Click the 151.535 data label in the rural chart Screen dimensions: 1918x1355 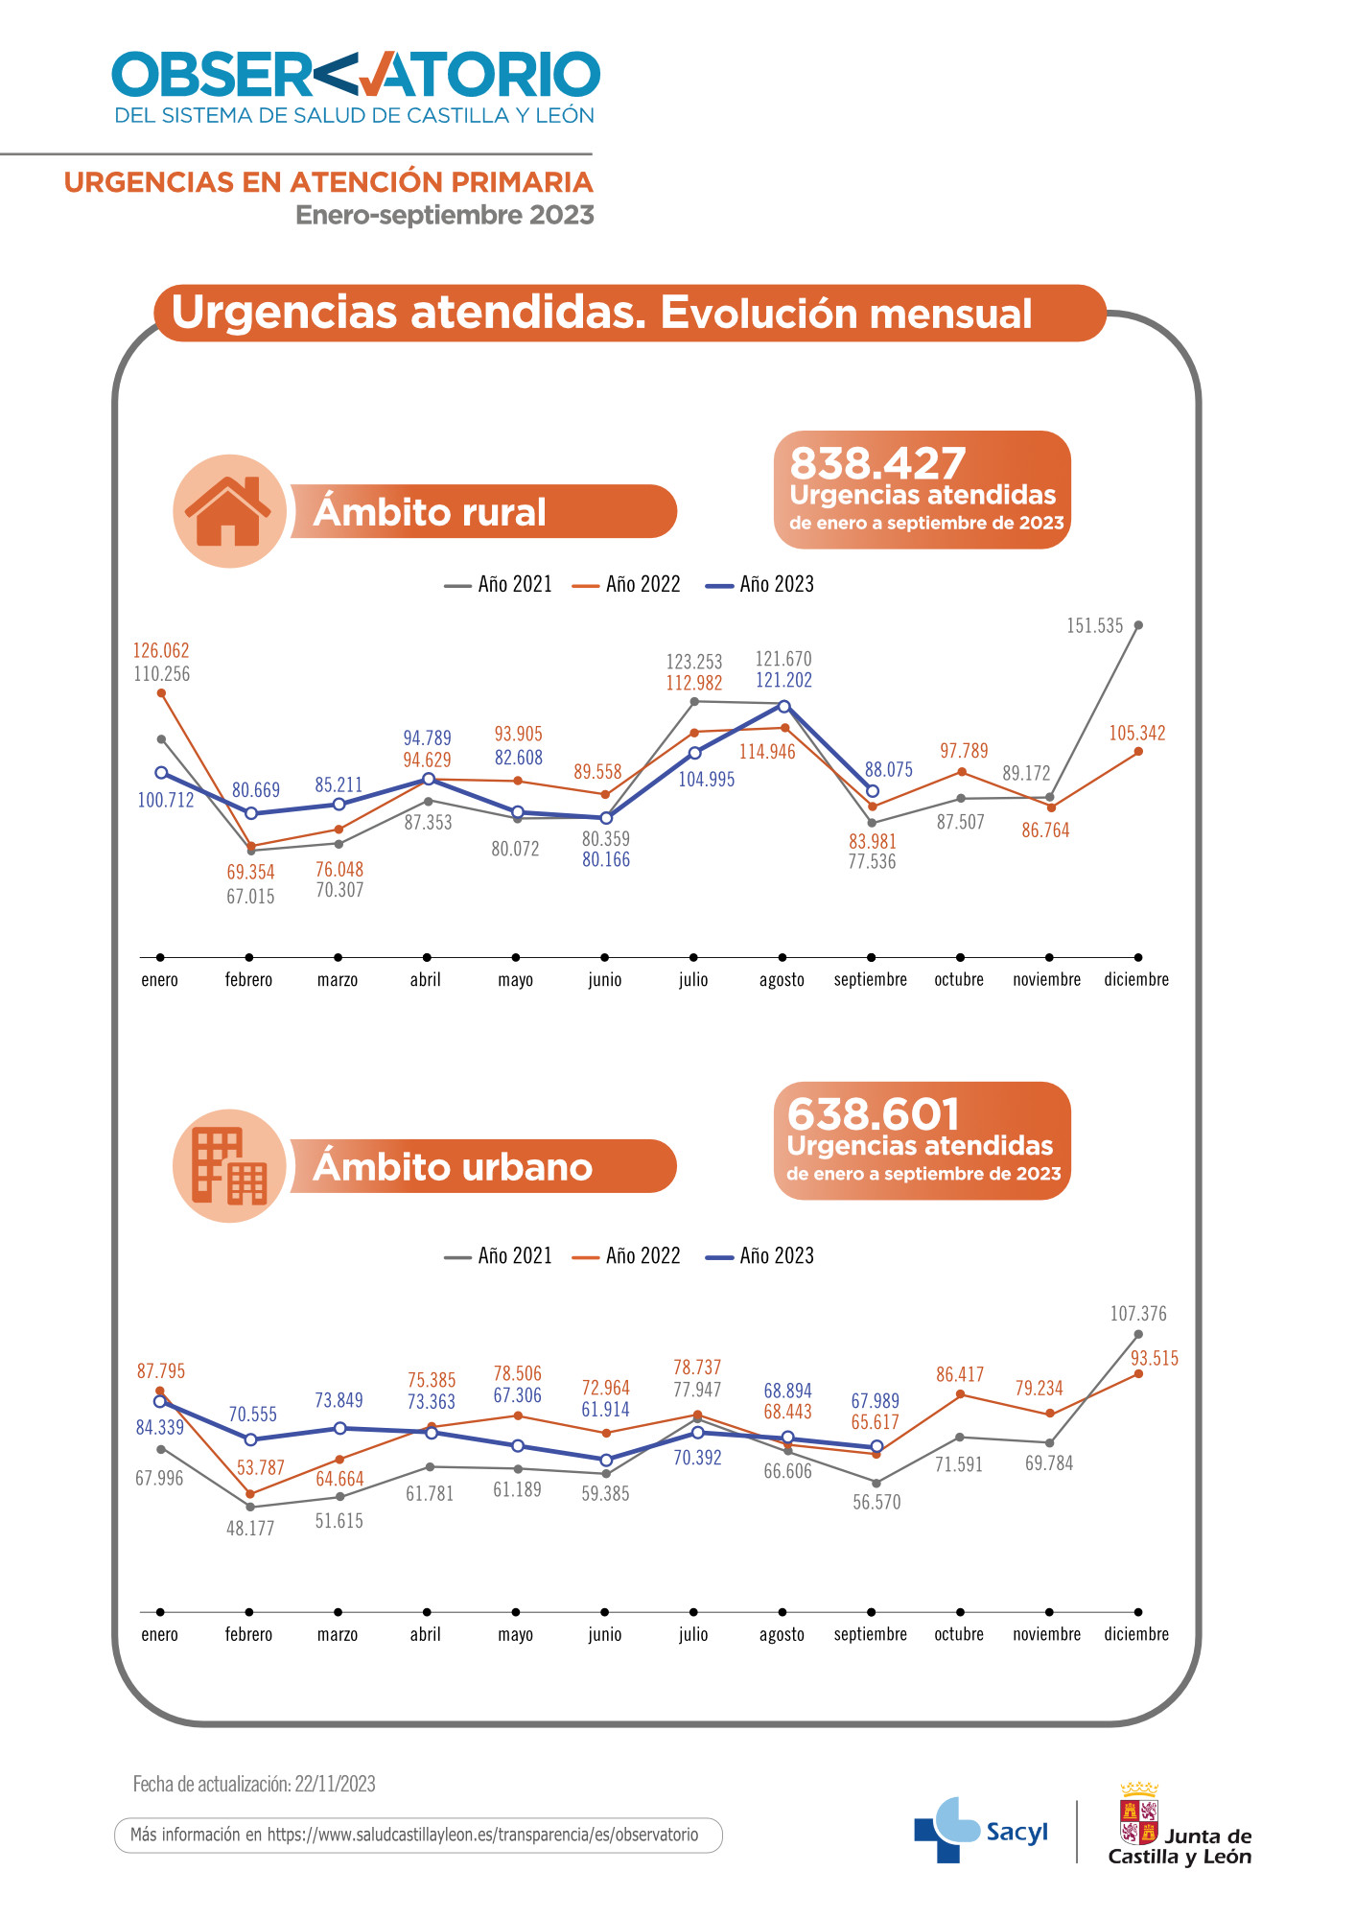point(1094,626)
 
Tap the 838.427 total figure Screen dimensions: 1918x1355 point(877,463)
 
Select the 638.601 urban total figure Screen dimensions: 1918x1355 point(874,1114)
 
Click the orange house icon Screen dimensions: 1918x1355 point(229,511)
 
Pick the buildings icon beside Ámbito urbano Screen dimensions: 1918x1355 point(229,1166)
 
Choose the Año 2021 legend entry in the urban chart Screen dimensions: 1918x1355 point(499,1255)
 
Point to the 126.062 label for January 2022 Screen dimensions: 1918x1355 point(161,650)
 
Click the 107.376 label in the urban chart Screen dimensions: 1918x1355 point(1138,1314)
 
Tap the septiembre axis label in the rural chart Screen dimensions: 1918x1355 point(871,979)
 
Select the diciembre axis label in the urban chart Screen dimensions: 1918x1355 point(1136,1634)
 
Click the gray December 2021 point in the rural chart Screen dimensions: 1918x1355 point(1138,625)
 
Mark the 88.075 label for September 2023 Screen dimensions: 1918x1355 point(889,769)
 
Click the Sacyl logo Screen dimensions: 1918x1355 point(980,1831)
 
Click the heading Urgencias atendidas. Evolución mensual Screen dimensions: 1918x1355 point(601,313)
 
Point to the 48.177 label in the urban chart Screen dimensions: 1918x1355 point(250,1529)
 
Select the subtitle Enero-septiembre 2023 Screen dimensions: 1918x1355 point(445,215)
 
